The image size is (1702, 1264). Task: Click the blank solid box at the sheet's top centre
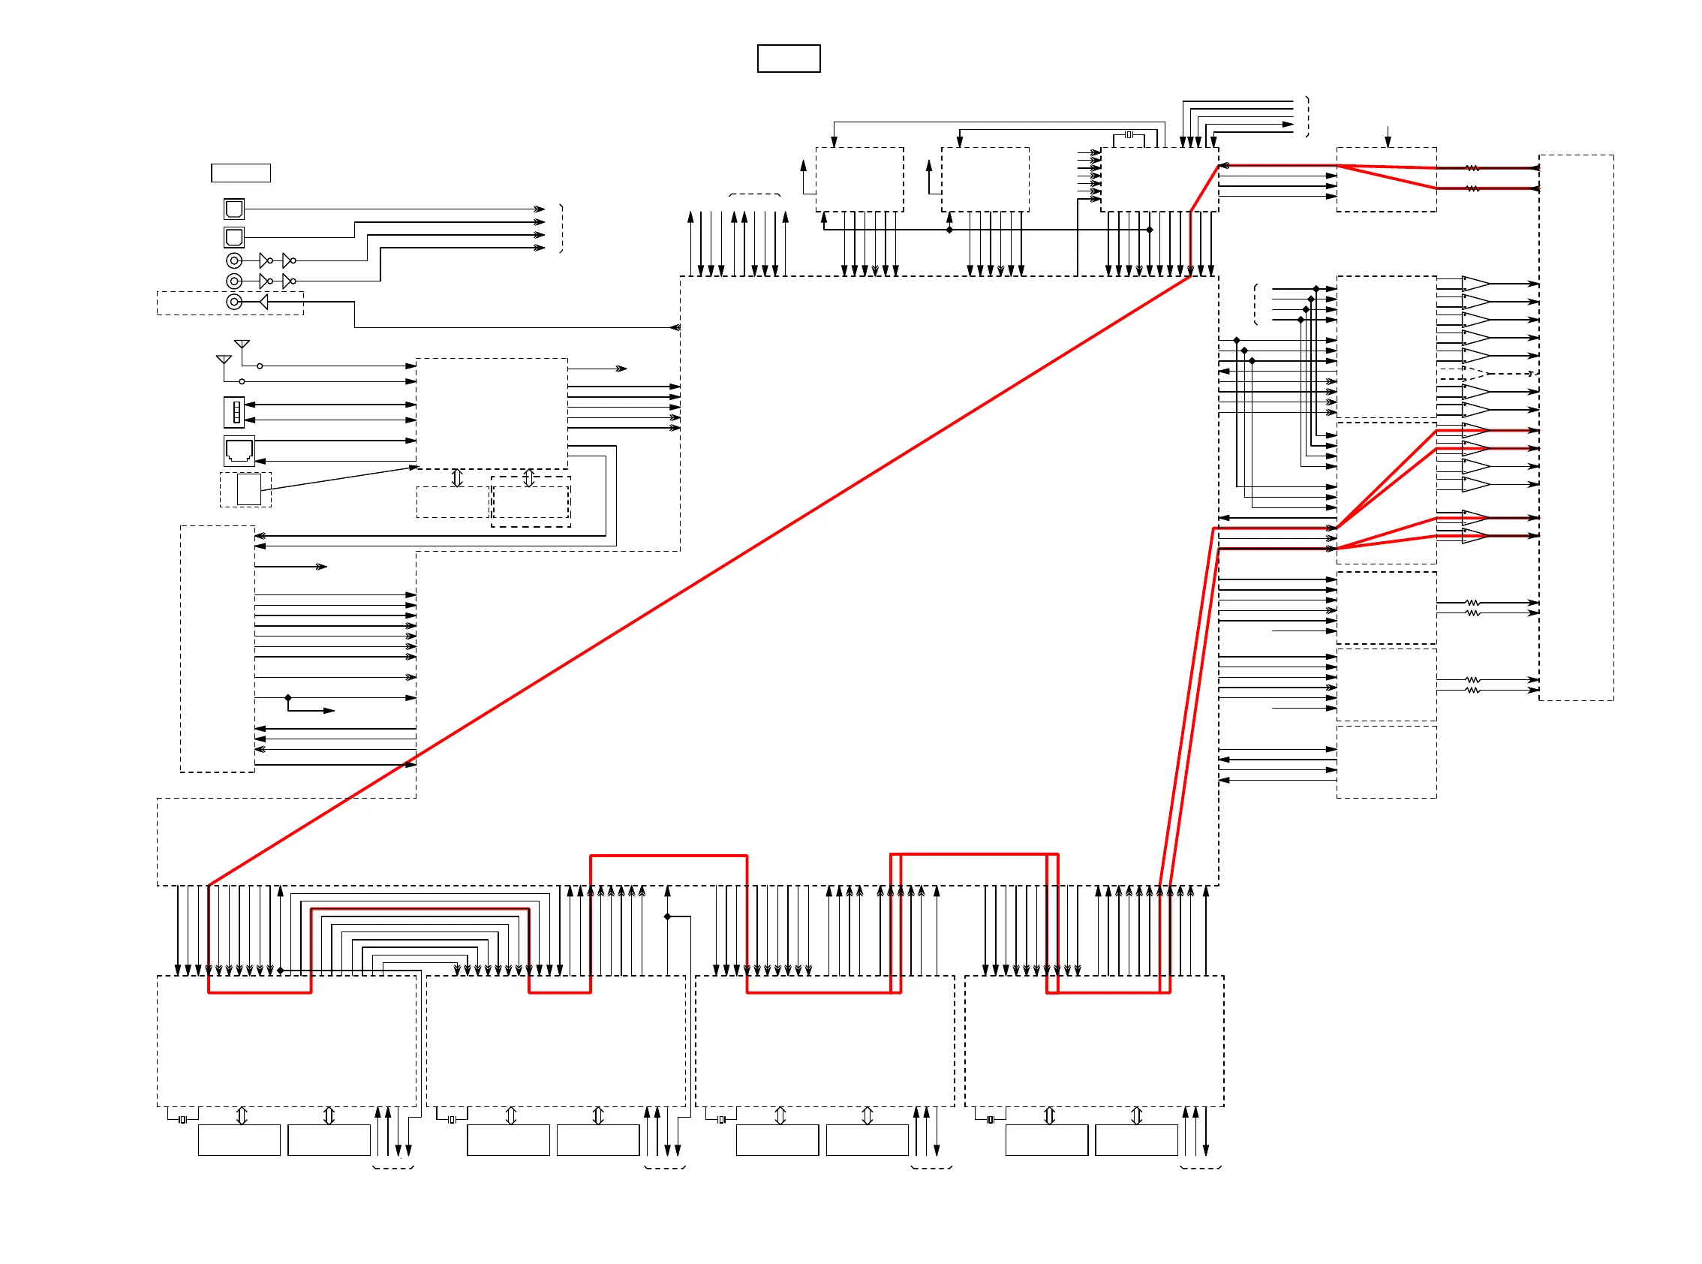point(789,58)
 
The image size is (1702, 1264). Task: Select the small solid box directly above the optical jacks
point(241,173)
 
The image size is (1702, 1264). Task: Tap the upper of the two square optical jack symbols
point(234,209)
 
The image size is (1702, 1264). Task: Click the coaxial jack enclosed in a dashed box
point(234,302)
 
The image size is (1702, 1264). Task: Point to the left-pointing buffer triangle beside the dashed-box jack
point(263,302)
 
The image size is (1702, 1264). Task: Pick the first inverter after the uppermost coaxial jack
point(265,261)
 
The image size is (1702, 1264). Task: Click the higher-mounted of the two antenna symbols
point(242,345)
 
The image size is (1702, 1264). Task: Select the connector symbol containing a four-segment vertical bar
point(234,412)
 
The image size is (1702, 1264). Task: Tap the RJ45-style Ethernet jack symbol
point(239,451)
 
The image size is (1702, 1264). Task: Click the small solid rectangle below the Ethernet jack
point(248,489)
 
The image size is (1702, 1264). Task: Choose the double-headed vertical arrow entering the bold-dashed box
point(528,478)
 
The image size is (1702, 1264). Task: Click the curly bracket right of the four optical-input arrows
point(561,228)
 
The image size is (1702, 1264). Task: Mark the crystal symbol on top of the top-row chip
point(1129,134)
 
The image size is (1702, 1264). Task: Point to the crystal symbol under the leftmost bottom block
point(182,1120)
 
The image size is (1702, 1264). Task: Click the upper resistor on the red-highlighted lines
point(1472,168)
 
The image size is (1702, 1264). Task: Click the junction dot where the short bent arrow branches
point(288,698)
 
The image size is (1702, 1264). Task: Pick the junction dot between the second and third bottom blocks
point(667,916)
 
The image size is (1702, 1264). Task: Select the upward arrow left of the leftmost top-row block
point(803,167)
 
